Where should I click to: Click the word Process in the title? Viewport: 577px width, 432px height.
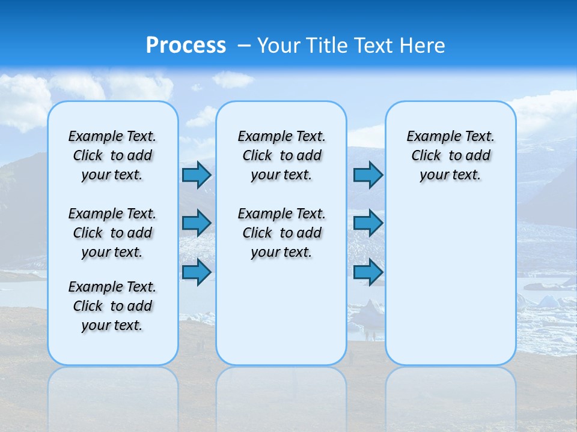tap(186, 45)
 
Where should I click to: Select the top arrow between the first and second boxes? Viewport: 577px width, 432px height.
tap(196, 175)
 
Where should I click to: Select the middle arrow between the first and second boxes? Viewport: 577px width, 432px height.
tap(196, 223)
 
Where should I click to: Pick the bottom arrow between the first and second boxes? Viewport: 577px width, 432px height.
tap(196, 272)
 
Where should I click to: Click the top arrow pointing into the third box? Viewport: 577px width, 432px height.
tap(368, 175)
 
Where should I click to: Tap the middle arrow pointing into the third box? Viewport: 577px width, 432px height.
tap(368, 223)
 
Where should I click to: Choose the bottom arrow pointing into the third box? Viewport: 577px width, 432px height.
tap(368, 272)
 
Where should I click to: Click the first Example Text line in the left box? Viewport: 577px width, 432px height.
tap(112, 136)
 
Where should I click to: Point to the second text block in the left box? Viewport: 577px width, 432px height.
tap(112, 233)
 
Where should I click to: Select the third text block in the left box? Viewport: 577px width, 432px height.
tap(112, 306)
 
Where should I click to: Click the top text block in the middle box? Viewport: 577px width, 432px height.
tap(281, 155)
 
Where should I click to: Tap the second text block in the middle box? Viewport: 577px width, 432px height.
tap(281, 233)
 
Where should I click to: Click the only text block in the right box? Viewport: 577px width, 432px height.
tap(450, 155)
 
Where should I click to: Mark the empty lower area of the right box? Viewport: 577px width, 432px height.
tap(450, 282)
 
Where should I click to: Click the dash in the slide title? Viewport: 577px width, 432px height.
tap(244, 46)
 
